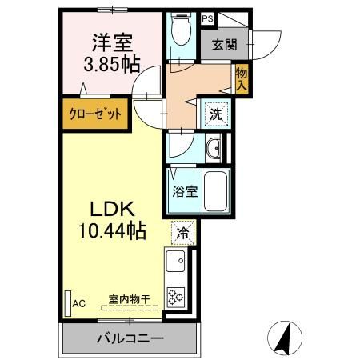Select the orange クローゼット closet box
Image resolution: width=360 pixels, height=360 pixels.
(94, 114)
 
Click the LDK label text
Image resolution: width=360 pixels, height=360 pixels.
(111, 210)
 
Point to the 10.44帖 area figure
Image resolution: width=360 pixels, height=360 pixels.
(111, 232)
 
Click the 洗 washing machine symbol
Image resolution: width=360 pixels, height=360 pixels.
(216, 114)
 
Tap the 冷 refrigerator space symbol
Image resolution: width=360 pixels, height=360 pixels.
(182, 234)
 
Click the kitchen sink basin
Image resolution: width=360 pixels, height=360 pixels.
(176, 260)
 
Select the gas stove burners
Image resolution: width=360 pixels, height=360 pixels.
(176, 294)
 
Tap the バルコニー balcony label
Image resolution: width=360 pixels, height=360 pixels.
(130, 338)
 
